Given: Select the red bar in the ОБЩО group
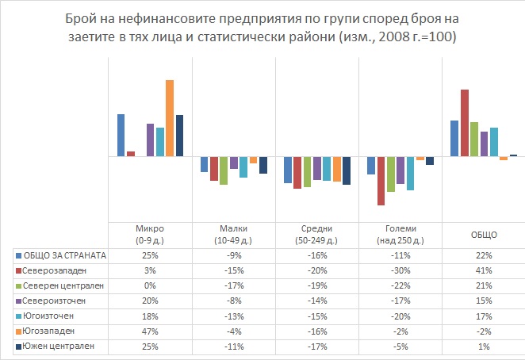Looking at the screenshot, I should (x=464, y=123).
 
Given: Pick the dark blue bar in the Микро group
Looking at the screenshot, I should (x=179, y=136).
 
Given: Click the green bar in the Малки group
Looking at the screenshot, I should (x=224, y=170).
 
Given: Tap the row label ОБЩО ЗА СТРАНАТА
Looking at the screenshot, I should (x=65, y=255).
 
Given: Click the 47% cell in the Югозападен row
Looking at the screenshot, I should (x=150, y=331).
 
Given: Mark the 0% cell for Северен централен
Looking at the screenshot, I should (x=150, y=285).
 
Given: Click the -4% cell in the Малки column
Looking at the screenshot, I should (x=233, y=331).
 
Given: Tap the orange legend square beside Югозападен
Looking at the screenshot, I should (x=18, y=331).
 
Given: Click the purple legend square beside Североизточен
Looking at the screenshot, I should (x=18, y=301).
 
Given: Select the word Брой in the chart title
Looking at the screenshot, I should (x=148, y=17).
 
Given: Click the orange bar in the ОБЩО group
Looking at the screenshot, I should (x=503, y=159).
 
